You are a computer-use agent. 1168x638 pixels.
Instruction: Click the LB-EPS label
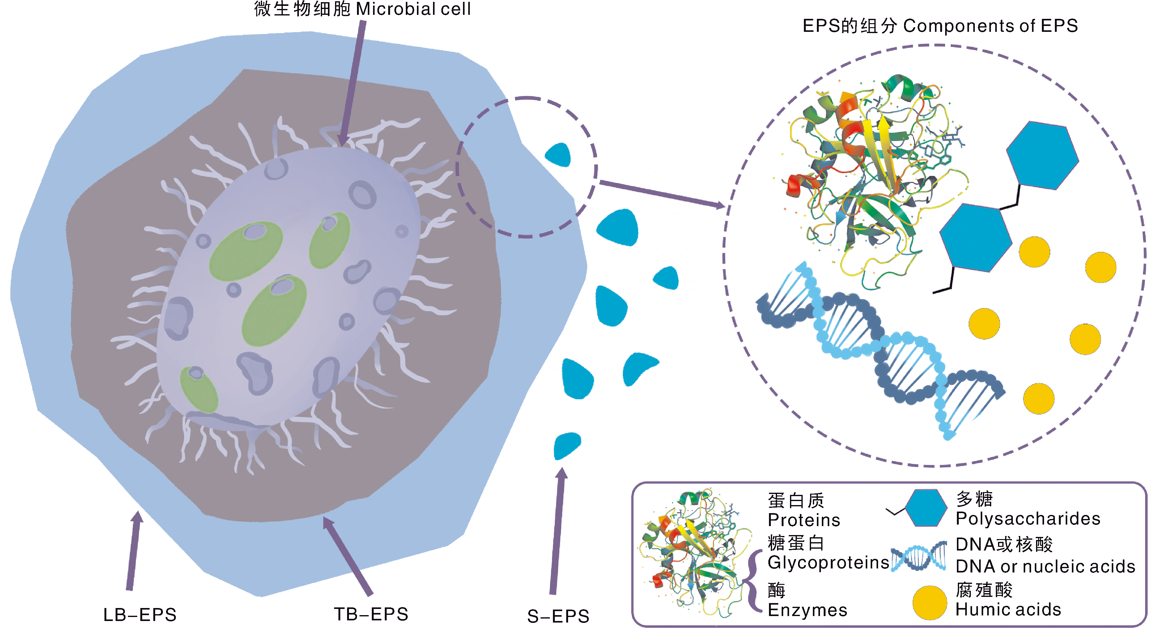point(140,615)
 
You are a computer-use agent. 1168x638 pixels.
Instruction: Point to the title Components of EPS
point(990,26)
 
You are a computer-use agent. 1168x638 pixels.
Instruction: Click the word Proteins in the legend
point(804,520)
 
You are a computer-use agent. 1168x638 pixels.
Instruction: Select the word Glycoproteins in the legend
point(828,563)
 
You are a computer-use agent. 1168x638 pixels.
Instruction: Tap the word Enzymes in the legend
point(807,610)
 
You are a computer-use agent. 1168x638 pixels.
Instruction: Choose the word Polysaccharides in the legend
point(1028,519)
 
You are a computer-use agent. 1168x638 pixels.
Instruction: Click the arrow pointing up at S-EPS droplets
point(557,530)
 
